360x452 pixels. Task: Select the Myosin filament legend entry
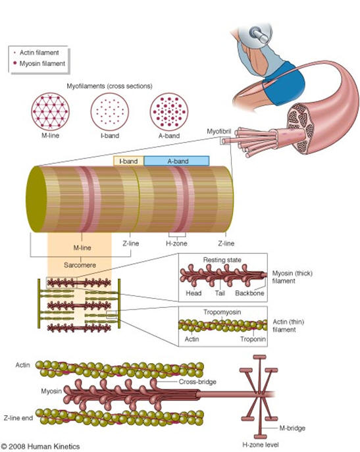tap(39, 63)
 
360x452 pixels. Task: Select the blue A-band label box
tap(176, 161)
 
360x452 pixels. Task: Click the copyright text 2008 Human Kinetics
tap(40, 445)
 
